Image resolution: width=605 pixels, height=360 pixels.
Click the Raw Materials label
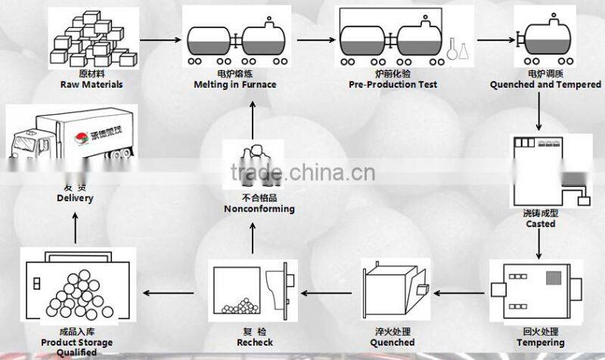point(91,85)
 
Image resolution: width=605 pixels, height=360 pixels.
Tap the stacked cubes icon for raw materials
point(89,42)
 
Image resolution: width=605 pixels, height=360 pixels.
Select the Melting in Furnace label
point(234,85)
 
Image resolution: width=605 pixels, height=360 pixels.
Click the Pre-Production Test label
point(393,85)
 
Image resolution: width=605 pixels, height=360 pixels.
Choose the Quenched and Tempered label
point(545,85)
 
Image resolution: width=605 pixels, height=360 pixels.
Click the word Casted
point(541,224)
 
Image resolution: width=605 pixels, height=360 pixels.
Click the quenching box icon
point(393,290)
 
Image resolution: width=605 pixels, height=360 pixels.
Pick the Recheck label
point(254,343)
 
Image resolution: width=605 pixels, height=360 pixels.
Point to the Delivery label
point(75,198)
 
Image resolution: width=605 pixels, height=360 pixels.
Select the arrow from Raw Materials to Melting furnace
point(158,38)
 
